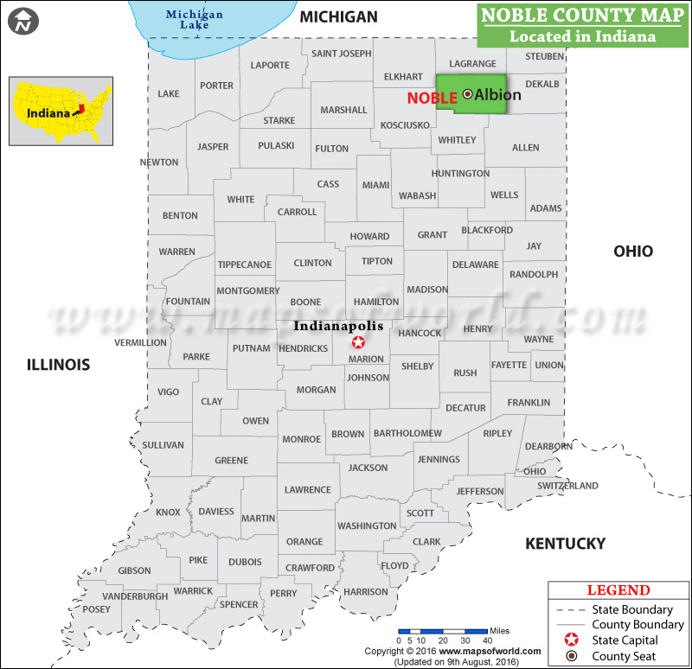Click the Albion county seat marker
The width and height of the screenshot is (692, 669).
click(468, 93)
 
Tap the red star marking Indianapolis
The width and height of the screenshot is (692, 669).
click(359, 342)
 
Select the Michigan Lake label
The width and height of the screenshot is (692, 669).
click(194, 19)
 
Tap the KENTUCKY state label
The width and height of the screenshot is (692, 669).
click(566, 544)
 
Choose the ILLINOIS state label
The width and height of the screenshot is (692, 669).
click(58, 365)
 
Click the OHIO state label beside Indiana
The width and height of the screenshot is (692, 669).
click(633, 252)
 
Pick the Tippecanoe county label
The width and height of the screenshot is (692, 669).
click(245, 264)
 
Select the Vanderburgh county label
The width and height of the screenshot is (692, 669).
click(135, 596)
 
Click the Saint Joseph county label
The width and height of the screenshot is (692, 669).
click(341, 54)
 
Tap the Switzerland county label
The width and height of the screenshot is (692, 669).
click(567, 486)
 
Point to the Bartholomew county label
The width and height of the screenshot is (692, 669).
click(407, 433)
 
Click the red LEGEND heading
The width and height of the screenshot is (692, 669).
click(618, 590)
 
